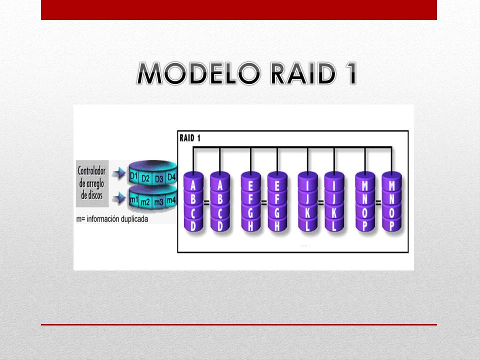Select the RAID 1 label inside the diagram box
190,138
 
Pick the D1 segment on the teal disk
133,176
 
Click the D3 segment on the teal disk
158,178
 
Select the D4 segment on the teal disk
171,176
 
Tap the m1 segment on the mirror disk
133,200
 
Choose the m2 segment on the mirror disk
145,202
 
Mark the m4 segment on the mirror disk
171,200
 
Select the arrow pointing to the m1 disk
117,198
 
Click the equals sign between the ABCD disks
206,203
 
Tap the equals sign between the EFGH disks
263,203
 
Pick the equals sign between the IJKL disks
320,203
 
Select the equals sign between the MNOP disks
377,203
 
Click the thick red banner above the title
239,9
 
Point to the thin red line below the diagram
239,324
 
